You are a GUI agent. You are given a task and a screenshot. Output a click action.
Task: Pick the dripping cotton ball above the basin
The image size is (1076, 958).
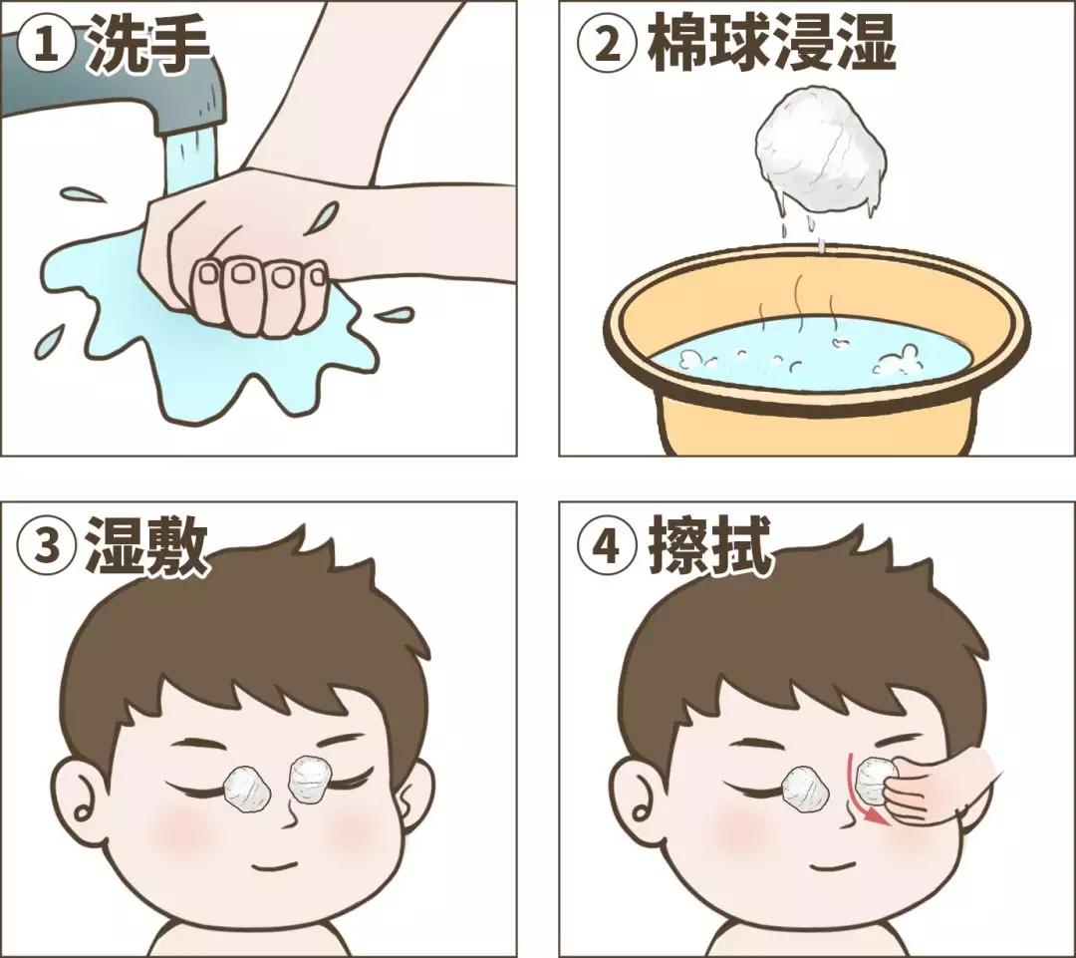click(x=819, y=160)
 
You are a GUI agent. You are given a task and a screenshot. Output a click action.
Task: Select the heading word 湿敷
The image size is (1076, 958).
click(x=147, y=547)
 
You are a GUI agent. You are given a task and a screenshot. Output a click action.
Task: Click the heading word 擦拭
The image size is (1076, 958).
click(x=709, y=547)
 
